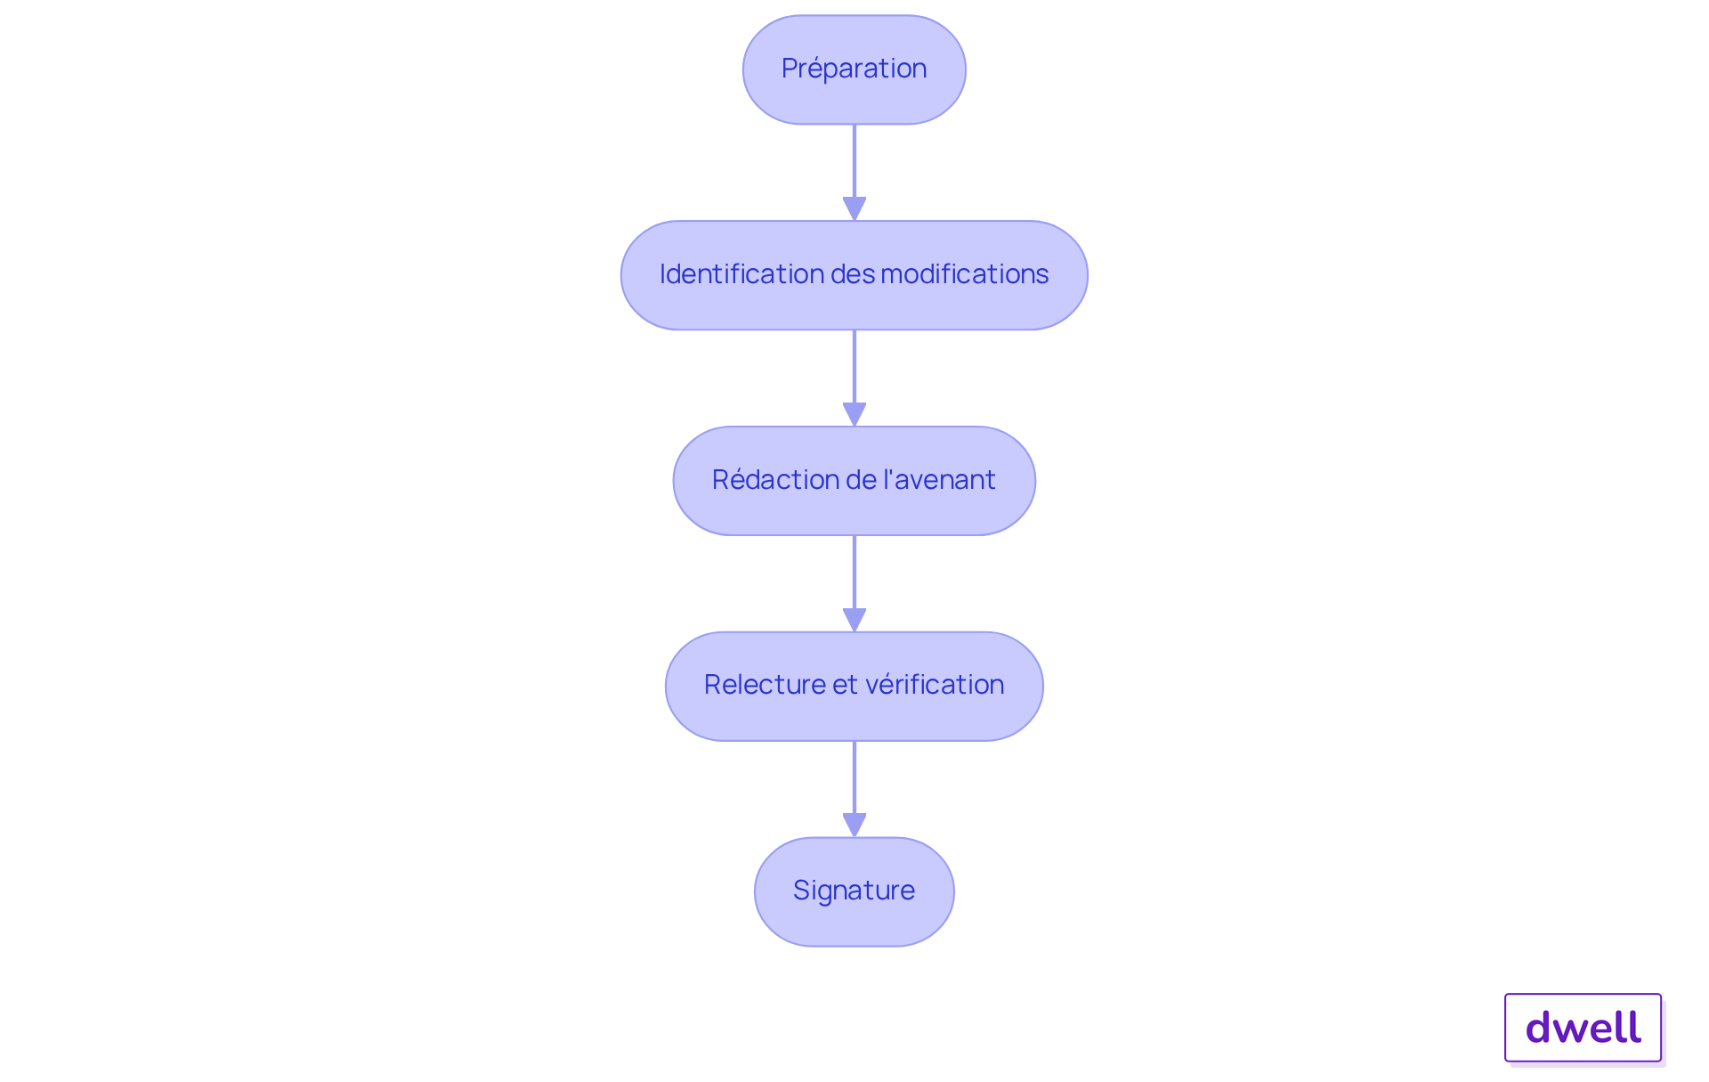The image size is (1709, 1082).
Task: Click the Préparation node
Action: tap(854, 69)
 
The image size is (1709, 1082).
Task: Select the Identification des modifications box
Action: tap(854, 275)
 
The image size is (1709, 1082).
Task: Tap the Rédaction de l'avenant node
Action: tap(854, 481)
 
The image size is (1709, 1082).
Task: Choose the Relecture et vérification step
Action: tap(854, 687)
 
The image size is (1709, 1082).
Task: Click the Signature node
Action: tap(854, 891)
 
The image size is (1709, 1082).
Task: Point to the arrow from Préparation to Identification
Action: tap(854, 173)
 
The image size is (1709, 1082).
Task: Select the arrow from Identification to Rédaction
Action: tap(854, 378)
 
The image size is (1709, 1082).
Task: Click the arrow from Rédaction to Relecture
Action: tap(854, 584)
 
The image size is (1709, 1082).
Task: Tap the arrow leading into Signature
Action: tap(854, 789)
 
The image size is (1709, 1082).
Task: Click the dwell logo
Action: tap(1583, 1028)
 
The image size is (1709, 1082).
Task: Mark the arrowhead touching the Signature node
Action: tap(854, 826)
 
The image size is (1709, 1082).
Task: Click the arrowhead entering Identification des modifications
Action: tap(854, 209)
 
